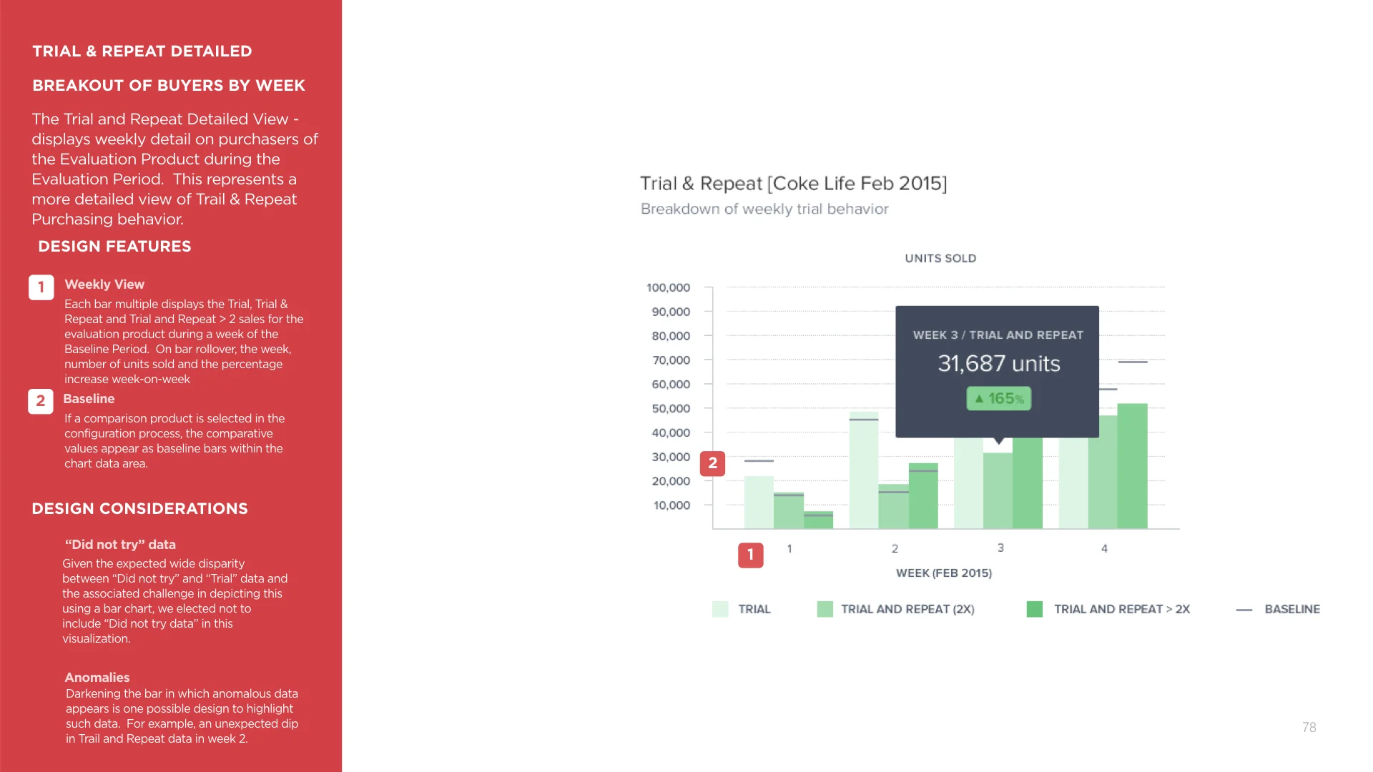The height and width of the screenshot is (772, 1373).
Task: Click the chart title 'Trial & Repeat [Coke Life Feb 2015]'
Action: pyautogui.click(x=793, y=184)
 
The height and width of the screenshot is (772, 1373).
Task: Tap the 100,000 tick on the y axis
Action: pyautogui.click(x=668, y=287)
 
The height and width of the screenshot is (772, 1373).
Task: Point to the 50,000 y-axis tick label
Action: pyautogui.click(x=670, y=408)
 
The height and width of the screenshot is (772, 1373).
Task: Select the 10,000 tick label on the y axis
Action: pyautogui.click(x=671, y=505)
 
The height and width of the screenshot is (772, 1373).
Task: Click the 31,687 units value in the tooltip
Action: pyautogui.click(x=998, y=364)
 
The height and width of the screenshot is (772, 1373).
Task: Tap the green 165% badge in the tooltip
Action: pyautogui.click(x=998, y=398)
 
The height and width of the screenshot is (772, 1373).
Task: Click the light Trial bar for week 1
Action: pyautogui.click(x=759, y=502)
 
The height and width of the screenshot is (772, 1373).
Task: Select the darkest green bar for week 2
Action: pyautogui.click(x=923, y=496)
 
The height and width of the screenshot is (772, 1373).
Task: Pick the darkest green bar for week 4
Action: pyautogui.click(x=1132, y=466)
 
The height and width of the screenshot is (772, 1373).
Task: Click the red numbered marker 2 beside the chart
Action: pyautogui.click(x=712, y=463)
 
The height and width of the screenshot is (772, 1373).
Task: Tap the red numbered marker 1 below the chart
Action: pyautogui.click(x=750, y=555)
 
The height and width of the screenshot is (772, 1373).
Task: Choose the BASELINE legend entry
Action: pyautogui.click(x=1291, y=609)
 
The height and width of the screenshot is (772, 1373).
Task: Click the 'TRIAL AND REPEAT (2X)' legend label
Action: pyautogui.click(x=907, y=609)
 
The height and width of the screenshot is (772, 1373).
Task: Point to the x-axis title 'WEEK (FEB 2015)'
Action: pyautogui.click(x=943, y=573)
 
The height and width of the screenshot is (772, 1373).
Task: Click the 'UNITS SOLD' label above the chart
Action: pyautogui.click(x=940, y=258)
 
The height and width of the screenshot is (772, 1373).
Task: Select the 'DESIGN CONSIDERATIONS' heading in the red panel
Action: pyautogui.click(x=139, y=508)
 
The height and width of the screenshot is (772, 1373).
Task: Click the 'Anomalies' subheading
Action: pyautogui.click(x=97, y=677)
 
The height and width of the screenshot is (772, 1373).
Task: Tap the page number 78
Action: pyautogui.click(x=1309, y=727)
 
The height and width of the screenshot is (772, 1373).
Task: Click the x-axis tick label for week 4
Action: pyautogui.click(x=1104, y=548)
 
